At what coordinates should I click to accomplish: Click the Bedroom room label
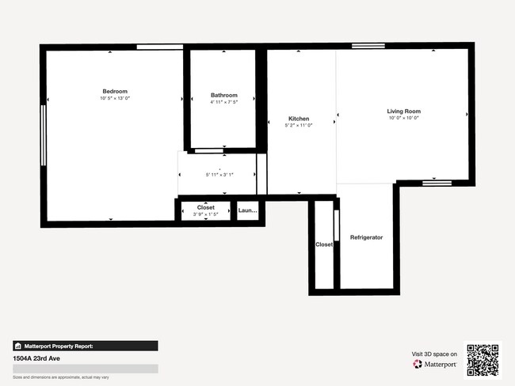point(114,91)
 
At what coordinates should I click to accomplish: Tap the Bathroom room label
point(223,95)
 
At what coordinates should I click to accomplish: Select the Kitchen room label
point(299,119)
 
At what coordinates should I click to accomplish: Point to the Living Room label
point(403,111)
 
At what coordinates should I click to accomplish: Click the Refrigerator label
point(367,237)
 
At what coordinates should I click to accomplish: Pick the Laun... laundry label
point(248,211)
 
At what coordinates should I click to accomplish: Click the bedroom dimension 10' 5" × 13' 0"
point(114,98)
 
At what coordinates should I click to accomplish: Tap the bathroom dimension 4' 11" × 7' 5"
point(223,102)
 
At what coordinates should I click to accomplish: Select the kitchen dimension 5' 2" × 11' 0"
point(299,126)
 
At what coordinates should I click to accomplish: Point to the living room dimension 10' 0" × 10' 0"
point(403,118)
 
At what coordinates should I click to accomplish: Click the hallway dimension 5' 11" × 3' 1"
point(220,174)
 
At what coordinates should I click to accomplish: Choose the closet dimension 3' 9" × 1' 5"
point(206,214)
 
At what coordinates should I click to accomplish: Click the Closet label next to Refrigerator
point(324,244)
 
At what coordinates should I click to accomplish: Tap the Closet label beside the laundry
point(206,207)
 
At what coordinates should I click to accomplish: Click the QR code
point(483,359)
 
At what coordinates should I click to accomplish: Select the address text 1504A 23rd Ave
point(36,358)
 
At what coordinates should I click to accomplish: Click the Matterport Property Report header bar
point(85,346)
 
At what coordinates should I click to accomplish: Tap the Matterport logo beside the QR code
point(434,365)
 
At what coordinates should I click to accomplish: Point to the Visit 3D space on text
point(434,354)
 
